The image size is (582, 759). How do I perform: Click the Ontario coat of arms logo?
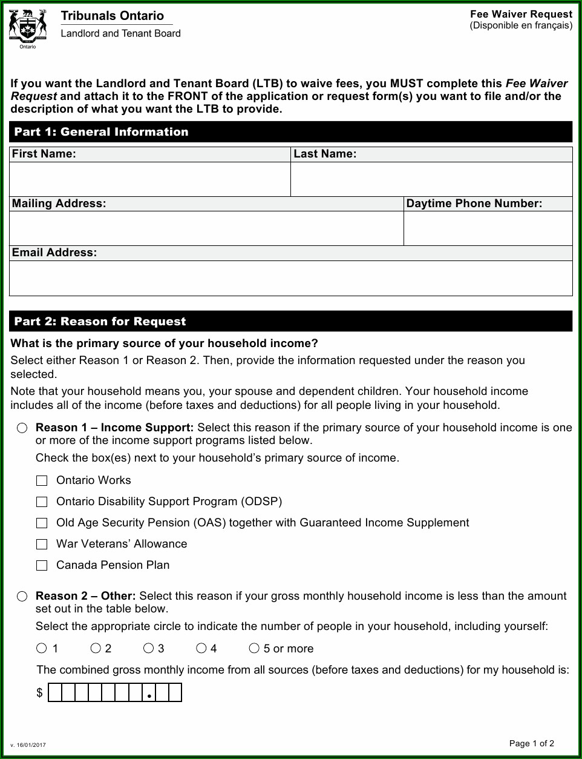pos(27,27)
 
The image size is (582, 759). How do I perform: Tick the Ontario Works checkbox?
pos(42,480)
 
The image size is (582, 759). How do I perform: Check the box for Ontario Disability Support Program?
pos(42,502)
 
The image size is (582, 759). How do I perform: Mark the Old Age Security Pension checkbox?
pos(42,523)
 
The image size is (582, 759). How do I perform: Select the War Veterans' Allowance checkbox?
pos(42,544)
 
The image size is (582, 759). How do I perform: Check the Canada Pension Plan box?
pos(42,565)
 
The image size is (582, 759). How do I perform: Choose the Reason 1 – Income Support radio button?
pos(22,428)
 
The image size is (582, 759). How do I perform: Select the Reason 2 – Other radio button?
pos(22,597)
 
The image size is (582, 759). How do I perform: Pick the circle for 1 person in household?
pos(42,648)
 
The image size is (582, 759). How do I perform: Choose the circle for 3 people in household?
pos(148,648)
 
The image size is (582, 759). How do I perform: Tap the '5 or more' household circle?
pos(254,648)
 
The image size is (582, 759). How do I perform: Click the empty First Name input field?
pos(150,179)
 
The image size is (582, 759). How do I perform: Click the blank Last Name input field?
pos(431,179)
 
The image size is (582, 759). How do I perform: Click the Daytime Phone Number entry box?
pos(488,228)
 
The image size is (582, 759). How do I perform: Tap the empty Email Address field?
pos(290,278)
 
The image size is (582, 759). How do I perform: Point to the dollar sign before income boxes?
pos(40,692)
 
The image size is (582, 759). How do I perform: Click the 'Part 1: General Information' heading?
pos(102,132)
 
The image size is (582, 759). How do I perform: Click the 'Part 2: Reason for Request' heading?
pos(100,322)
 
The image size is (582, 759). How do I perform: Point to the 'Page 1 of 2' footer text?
pos(531,743)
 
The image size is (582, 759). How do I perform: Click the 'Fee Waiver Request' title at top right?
pos(521,14)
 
